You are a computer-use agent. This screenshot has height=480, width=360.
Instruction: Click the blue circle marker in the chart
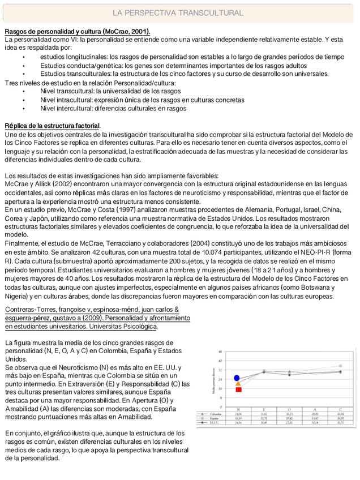coord(238,378)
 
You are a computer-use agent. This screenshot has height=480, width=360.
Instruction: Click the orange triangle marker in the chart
coord(238,384)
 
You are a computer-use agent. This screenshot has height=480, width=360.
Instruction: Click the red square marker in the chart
coord(239,389)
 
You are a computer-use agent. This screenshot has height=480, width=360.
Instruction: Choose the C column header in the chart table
coord(340,409)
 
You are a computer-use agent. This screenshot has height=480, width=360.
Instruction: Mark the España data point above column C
coord(340,366)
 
